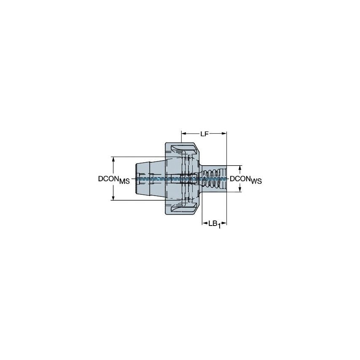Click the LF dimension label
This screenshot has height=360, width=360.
(x=204, y=134)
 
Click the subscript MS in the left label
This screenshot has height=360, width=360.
(x=124, y=181)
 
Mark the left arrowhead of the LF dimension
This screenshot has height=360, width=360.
(x=183, y=134)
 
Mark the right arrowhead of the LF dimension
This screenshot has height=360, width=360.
(x=225, y=134)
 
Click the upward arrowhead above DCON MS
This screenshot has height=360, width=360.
(x=113, y=159)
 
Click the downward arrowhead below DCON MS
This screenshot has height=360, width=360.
(x=113, y=198)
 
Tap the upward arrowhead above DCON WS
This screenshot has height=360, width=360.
(x=240, y=167)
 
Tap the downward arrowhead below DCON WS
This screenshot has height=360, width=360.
(x=240, y=189)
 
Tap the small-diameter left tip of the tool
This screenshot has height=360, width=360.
(x=141, y=178)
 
